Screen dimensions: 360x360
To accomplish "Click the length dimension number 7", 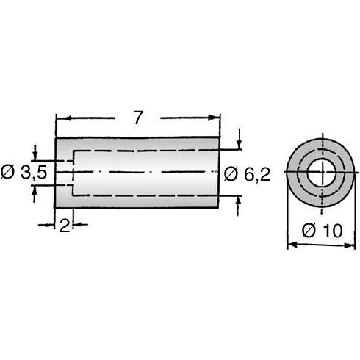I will (x=139, y=117).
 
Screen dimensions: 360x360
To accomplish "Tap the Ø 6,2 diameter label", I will (x=250, y=173).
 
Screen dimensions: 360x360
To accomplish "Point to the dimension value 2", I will (x=64, y=226).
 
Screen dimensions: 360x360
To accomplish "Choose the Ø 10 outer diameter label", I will (x=322, y=230).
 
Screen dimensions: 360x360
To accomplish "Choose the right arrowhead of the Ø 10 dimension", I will (x=354, y=245).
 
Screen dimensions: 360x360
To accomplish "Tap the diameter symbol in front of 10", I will (x=309, y=230).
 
